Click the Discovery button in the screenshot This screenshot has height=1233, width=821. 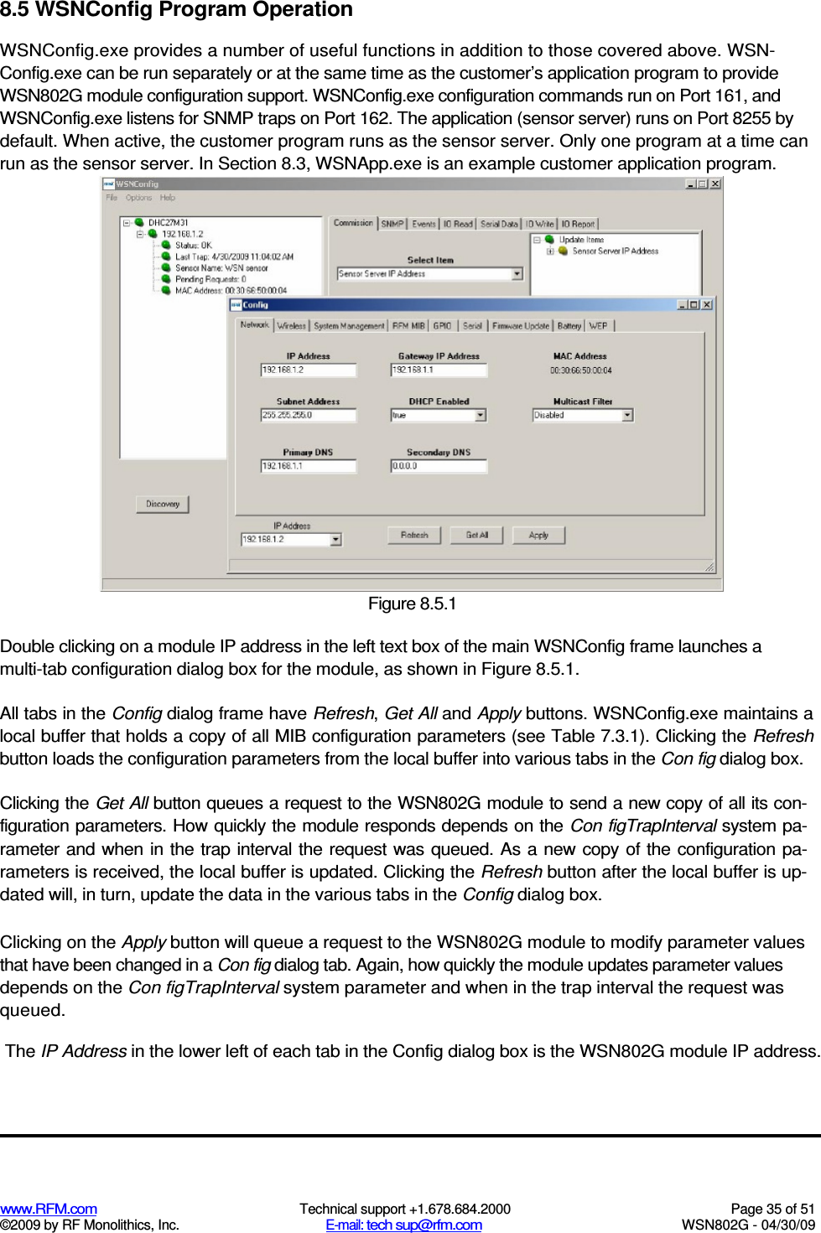[x=163, y=504]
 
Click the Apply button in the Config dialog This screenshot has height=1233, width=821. [x=538, y=535]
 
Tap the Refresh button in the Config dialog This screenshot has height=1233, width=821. [x=414, y=535]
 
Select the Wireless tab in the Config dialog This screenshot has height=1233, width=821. [x=291, y=326]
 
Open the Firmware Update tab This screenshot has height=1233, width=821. [x=521, y=326]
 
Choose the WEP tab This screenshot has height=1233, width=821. [x=598, y=326]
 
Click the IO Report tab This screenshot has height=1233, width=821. [x=578, y=224]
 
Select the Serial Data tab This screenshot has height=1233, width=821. [x=499, y=224]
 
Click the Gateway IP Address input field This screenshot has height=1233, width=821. [x=439, y=370]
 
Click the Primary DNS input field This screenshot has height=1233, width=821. [x=308, y=466]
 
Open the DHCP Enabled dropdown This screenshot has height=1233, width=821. [x=481, y=415]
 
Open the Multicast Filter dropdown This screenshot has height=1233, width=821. [x=626, y=415]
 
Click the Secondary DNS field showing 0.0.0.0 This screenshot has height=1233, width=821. [x=439, y=466]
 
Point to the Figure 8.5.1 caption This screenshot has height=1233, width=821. [x=412, y=604]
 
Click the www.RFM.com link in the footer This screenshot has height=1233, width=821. [x=49, y=1209]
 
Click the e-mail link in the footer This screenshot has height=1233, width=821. [x=404, y=1225]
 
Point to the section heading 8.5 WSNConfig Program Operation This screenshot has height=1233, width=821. [x=177, y=10]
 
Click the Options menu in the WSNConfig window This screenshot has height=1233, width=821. [x=138, y=198]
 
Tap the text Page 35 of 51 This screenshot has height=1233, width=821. [x=772, y=1209]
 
